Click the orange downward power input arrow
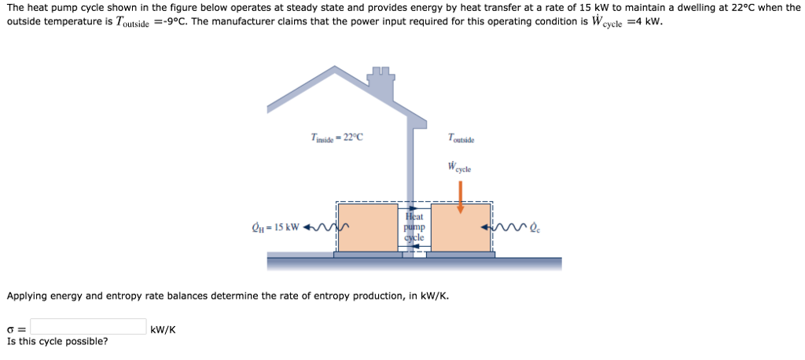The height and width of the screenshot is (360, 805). pyautogui.click(x=461, y=197)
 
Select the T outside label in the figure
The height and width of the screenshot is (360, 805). pyautogui.click(x=461, y=139)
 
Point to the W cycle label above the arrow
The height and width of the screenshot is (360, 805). pyautogui.click(x=460, y=167)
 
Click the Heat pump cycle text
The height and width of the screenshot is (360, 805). pyautogui.click(x=414, y=226)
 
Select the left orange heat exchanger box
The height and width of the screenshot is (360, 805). pyautogui.click(x=368, y=228)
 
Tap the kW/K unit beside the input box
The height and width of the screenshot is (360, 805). pyautogui.click(x=163, y=329)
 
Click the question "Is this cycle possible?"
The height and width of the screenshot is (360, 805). pyautogui.click(x=57, y=341)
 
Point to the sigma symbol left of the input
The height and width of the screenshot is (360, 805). pyautogui.click(x=11, y=329)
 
